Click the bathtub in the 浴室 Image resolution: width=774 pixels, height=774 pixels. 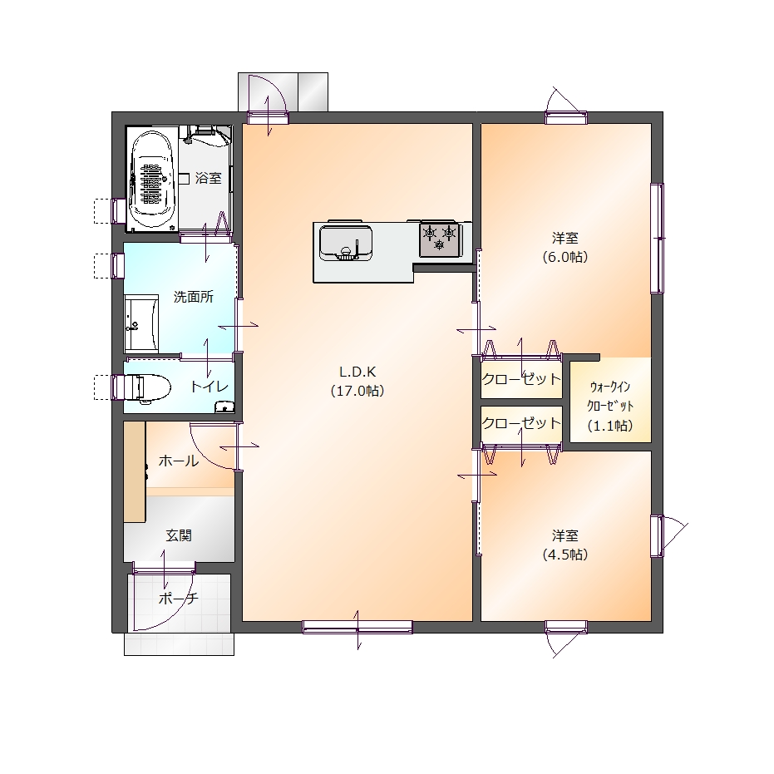click(152, 180)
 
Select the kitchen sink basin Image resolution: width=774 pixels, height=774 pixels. click(346, 243)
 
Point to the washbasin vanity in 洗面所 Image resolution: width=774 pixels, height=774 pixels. click(141, 323)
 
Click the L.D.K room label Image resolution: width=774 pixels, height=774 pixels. click(357, 371)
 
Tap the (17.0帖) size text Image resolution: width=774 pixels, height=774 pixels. click(357, 391)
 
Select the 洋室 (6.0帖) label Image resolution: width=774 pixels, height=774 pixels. click(565, 247)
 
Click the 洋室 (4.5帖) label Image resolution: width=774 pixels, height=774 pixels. click(565, 545)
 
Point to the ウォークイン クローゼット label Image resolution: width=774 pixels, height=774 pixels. click(610, 397)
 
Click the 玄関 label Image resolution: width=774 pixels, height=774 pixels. click(179, 535)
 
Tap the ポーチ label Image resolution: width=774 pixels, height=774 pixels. click(179, 599)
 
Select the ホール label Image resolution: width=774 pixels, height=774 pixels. click(179, 461)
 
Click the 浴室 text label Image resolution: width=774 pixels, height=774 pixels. click(209, 178)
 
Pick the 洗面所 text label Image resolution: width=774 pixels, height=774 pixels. click(194, 297)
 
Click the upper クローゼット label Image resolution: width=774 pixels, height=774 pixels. click(521, 379)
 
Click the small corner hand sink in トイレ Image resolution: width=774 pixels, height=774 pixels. click(224, 407)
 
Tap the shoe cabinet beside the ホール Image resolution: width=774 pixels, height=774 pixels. click(135, 471)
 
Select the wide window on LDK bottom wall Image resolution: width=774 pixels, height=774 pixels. click(357, 627)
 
